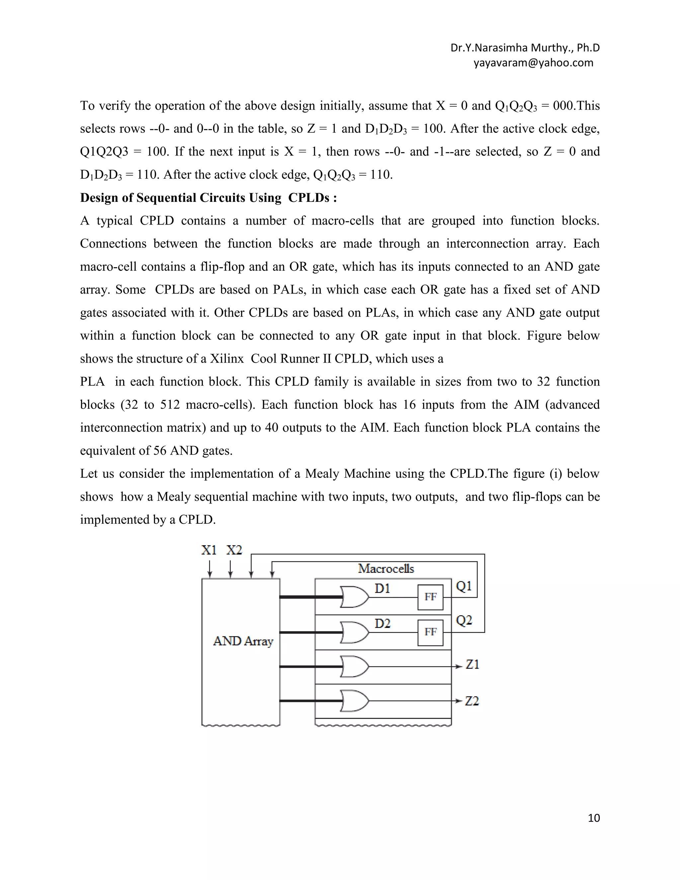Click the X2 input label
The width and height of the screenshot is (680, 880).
coord(234,550)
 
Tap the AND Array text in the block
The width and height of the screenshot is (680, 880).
coord(243,641)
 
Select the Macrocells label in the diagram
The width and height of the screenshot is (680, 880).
coord(386,569)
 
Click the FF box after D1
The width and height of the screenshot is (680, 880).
coord(430,597)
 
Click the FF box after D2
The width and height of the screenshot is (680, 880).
coord(430,632)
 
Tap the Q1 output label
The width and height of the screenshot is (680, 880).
coord(464,586)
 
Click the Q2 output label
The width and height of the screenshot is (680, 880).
coord(464,621)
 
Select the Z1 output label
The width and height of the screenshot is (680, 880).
coord(472,664)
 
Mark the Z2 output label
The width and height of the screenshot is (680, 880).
coord(472,701)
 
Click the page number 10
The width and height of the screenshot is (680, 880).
coord(594,818)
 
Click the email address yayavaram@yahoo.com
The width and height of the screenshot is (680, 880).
coord(533,63)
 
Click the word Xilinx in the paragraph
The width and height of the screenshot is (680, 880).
coord(226,359)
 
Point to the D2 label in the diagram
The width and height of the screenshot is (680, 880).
coord(382,624)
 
